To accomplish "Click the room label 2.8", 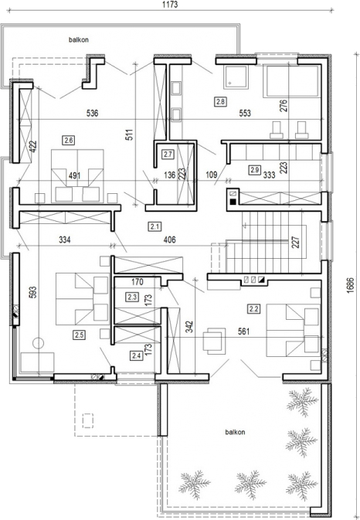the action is [x=220, y=101].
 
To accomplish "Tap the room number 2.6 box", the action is [x=68, y=141].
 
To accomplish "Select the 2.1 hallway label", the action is [x=155, y=227].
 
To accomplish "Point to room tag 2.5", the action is [x=79, y=335].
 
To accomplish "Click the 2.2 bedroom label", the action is [x=253, y=309].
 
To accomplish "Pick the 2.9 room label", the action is [x=255, y=170].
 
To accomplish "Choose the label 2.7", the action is [x=168, y=155].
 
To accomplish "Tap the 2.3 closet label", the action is [x=132, y=297].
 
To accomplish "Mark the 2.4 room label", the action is [x=136, y=356].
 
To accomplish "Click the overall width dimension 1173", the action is [x=170, y=5].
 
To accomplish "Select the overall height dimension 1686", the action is [x=351, y=285].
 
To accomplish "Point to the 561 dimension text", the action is [x=243, y=331].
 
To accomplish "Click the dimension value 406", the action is [x=169, y=240].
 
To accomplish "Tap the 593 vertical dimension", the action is [x=32, y=292].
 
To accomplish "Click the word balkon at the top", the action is [x=79, y=40].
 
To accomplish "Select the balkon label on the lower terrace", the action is [x=235, y=432].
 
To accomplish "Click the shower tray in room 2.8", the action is [x=236, y=77].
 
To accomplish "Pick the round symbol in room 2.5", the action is [x=38, y=343].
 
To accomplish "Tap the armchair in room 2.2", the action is [x=214, y=341].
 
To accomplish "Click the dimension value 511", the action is [x=130, y=134].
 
